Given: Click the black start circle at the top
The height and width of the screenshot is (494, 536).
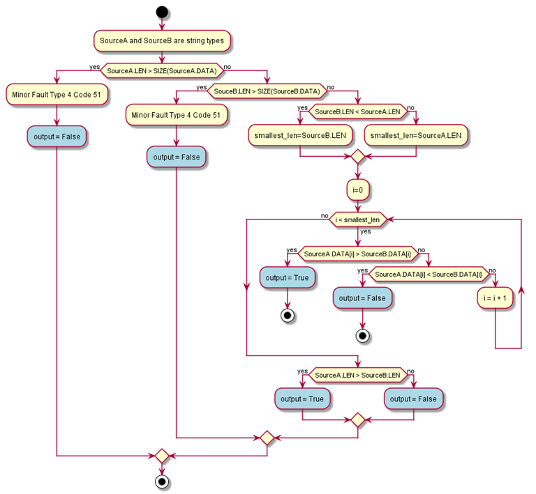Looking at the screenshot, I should coord(162,12).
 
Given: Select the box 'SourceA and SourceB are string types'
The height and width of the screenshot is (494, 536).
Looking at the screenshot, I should coord(162,41).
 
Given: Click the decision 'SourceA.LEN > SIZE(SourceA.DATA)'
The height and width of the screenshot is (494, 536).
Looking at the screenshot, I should coord(162,71).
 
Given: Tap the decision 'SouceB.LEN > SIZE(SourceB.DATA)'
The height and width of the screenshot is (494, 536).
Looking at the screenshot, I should coord(267,91).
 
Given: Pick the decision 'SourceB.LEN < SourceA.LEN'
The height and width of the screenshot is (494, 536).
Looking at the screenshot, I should coord(357,111).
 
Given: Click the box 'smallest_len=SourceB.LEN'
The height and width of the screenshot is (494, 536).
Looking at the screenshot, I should coord(300,135).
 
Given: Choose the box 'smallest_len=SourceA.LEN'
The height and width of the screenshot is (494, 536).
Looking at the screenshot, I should coord(415,135).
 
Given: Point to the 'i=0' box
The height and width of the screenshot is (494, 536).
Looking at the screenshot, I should coord(357,189).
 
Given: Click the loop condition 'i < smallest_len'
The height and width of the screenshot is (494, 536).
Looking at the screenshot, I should coord(357,219).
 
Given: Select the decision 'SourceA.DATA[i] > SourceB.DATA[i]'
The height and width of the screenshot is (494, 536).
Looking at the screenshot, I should coord(357,254).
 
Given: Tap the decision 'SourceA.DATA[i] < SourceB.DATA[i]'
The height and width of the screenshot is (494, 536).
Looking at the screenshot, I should coord(429,274).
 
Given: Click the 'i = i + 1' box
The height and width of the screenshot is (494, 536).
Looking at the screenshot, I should coord(495,298).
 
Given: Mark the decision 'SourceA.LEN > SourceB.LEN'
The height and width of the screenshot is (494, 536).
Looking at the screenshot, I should coord(357,375).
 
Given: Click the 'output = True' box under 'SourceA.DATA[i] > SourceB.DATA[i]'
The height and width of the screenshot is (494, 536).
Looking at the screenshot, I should coord(287,277).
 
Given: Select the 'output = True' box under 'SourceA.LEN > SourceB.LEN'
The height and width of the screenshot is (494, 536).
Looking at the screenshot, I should coord(302,399).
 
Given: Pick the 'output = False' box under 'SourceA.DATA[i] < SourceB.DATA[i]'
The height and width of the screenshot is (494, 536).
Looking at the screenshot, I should coord(362,298).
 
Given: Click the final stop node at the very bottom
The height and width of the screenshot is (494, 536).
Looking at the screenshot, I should coord(162,481).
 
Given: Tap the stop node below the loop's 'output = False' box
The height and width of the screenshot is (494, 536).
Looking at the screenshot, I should coord(362,335).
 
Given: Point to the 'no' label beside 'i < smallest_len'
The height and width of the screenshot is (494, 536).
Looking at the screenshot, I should coord(325,216).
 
